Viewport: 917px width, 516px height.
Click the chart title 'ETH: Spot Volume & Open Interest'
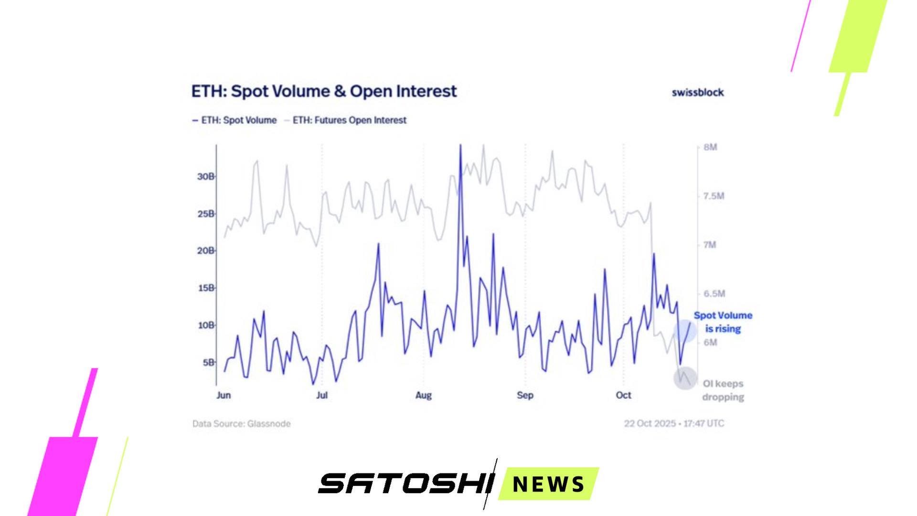coord(324,91)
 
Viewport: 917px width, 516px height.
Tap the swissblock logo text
coord(698,92)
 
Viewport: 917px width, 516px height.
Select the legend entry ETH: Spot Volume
coord(235,120)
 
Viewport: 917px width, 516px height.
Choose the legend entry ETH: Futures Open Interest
coord(345,120)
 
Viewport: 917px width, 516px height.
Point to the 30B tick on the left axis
coord(206,177)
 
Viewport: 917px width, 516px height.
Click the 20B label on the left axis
coord(206,251)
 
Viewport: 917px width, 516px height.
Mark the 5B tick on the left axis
coord(209,363)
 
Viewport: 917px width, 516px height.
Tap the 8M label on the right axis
coord(710,147)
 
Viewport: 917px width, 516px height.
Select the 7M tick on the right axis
coord(710,245)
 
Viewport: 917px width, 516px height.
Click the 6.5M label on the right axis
coord(714,294)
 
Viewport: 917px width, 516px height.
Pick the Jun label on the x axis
coord(224,395)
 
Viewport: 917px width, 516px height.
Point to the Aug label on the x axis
coord(424,395)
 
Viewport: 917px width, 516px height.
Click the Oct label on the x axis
coord(623,395)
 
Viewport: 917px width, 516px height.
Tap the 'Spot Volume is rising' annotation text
coord(723,322)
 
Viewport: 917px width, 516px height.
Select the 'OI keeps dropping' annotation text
coord(723,390)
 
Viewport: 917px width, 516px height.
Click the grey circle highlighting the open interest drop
coord(685,378)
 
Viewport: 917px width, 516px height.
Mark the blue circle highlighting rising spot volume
coord(685,331)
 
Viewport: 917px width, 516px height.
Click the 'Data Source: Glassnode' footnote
coord(241,424)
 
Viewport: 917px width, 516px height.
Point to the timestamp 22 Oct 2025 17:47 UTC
coord(674,423)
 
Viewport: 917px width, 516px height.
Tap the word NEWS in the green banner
coord(548,484)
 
